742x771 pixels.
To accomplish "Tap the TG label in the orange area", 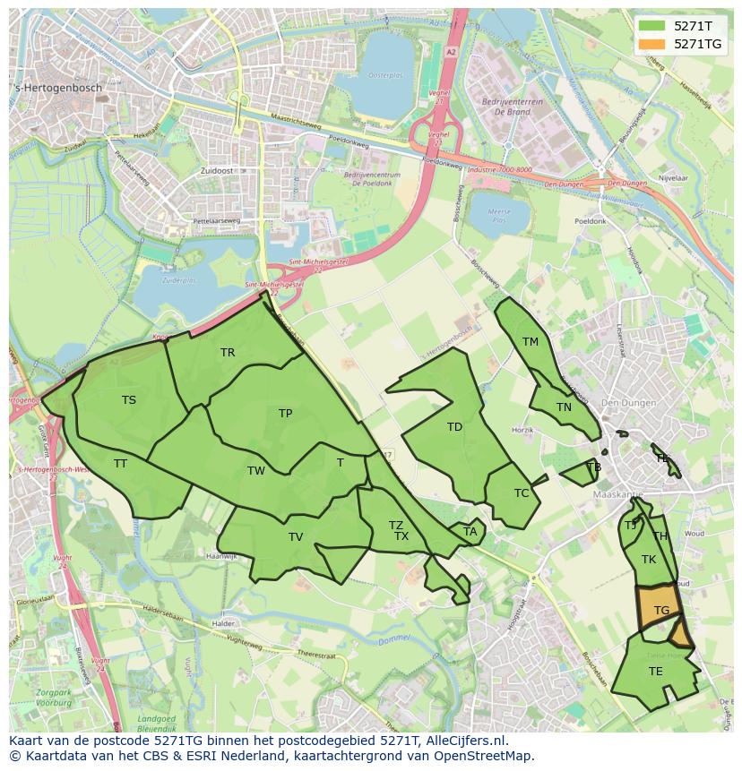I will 661,611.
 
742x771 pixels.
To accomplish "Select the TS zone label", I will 129,400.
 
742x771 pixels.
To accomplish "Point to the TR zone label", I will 228,353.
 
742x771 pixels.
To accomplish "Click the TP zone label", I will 285,414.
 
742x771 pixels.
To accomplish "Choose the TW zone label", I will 256,471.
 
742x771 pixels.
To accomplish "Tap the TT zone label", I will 120,464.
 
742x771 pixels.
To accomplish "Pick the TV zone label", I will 296,537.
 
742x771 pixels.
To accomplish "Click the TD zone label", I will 454,427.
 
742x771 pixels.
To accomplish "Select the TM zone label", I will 531,342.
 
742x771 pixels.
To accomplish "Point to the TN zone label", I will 564,407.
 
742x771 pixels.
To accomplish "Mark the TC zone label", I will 522,493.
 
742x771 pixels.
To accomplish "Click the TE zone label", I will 656,672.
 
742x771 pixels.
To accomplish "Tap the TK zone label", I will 649,560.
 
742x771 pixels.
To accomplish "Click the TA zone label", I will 470,532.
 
